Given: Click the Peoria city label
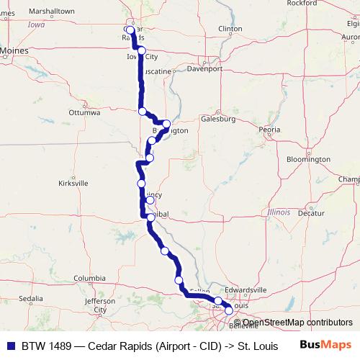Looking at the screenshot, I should coord(270,130).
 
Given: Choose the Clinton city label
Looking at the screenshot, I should coord(230,28).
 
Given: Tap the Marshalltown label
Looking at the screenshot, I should coord(53,11).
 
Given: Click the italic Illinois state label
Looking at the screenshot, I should coord(278,212).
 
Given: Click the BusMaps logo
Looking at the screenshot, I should coord(325,344).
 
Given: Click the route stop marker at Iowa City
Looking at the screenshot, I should coord(142,50).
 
